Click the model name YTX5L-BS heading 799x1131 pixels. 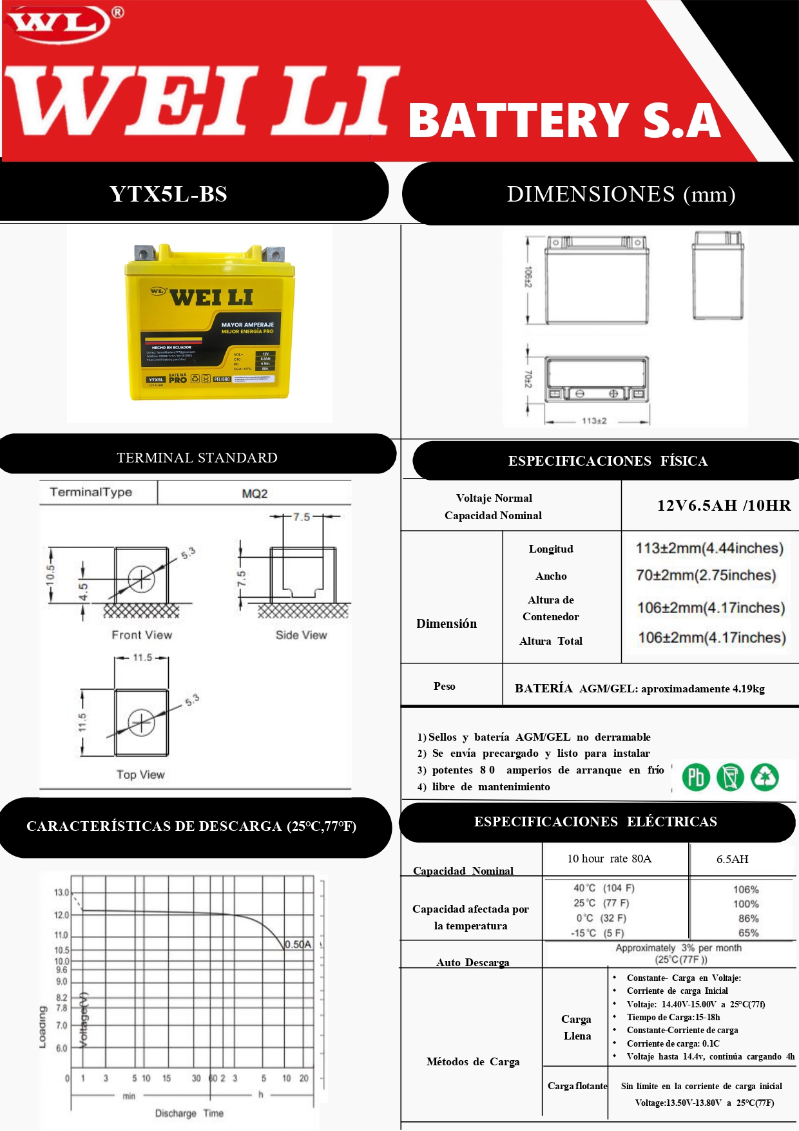click(x=168, y=194)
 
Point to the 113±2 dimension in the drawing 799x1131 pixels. click(x=593, y=421)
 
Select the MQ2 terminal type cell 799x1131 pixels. click(x=255, y=493)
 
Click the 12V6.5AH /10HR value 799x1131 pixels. click(x=724, y=506)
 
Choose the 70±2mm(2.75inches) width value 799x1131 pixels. click(x=706, y=575)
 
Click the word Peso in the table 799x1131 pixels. click(x=444, y=686)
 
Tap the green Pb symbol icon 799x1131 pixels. click(x=696, y=777)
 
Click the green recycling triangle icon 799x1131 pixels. click(x=765, y=777)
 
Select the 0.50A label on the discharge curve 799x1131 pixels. click(x=298, y=944)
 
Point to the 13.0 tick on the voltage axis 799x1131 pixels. click(x=61, y=893)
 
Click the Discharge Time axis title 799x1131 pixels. click(x=189, y=1113)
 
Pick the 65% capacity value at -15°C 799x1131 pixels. click(x=748, y=933)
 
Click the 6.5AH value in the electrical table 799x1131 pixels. click(x=732, y=859)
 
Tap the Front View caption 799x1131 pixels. click(x=142, y=635)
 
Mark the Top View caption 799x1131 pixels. click(x=140, y=775)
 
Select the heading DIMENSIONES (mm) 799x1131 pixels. click(x=621, y=194)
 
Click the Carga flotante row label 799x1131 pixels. click(x=577, y=1086)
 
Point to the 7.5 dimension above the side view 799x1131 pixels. click(x=301, y=517)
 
